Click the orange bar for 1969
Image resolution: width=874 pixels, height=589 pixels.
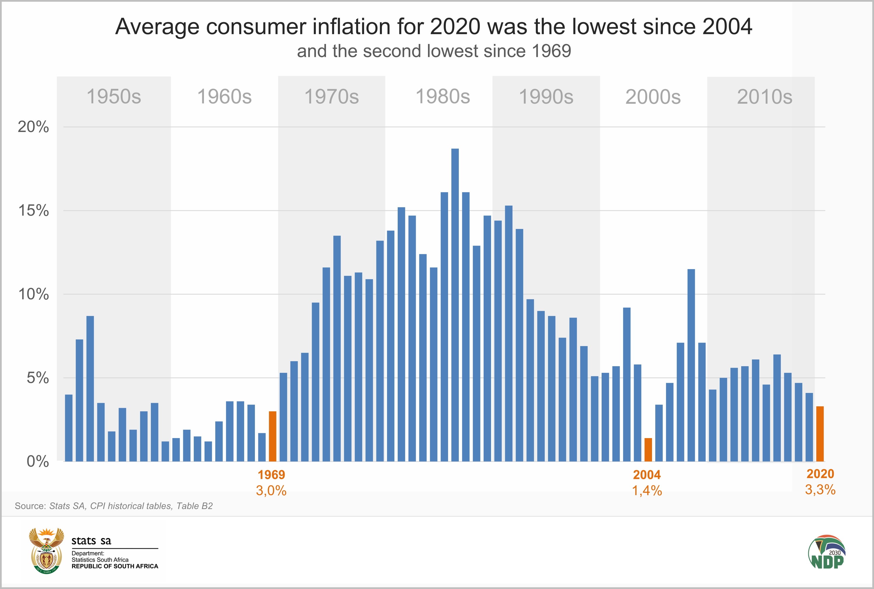tap(272, 436)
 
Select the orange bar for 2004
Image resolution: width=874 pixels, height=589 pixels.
tap(648, 450)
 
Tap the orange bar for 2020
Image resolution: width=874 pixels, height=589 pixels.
tap(820, 433)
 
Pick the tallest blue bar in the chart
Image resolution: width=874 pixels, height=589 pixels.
tap(455, 305)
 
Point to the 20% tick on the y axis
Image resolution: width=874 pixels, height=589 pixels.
tap(34, 127)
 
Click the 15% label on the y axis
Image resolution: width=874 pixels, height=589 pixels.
tap(34, 211)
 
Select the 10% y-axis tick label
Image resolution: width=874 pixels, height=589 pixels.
tap(34, 294)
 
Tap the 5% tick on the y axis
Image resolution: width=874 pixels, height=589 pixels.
tap(38, 378)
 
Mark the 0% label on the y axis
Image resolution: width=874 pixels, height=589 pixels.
tap(38, 461)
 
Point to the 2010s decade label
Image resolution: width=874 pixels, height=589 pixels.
tap(764, 97)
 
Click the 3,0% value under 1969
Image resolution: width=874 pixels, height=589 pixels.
tap(271, 491)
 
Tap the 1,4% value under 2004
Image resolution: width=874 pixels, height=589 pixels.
tap(647, 491)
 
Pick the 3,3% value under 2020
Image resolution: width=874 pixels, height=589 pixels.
tap(820, 489)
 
